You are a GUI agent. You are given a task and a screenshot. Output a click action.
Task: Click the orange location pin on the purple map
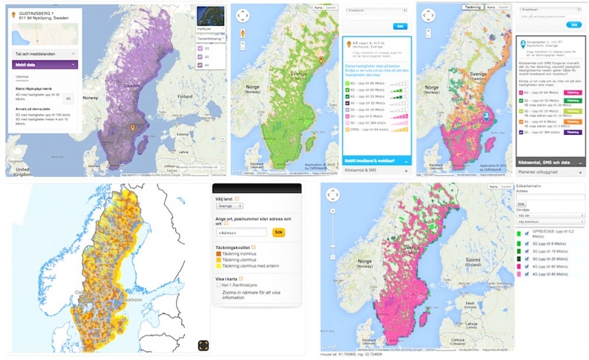coord(133,129)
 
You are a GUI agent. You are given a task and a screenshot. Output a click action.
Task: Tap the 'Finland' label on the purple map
coord(183,96)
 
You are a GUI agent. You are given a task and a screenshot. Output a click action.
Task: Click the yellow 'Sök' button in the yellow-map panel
coord(278,232)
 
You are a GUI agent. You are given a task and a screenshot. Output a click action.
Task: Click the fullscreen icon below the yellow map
coord(204,345)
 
